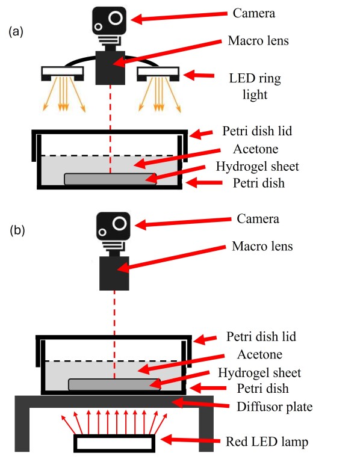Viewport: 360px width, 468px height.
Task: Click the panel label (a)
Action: click(x=15, y=32)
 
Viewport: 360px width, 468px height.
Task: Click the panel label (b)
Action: click(x=16, y=230)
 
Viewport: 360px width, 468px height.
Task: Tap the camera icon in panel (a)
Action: click(x=110, y=22)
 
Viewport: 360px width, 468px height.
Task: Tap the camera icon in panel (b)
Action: click(x=114, y=229)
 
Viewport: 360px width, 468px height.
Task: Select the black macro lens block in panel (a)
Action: click(x=111, y=67)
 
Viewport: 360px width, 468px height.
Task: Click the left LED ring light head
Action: click(x=63, y=73)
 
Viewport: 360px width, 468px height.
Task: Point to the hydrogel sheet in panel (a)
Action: click(x=110, y=179)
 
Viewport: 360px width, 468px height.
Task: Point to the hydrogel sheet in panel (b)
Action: click(x=114, y=384)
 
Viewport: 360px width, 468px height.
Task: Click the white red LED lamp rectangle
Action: click(x=114, y=443)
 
